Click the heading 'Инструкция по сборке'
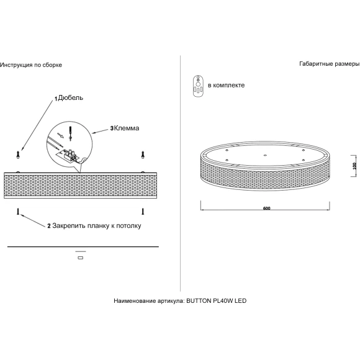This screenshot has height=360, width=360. tap(31, 65)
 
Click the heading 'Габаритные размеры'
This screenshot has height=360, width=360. tap(330, 64)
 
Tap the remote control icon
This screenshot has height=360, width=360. tap(197, 86)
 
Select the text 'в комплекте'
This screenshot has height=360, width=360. tap(226, 85)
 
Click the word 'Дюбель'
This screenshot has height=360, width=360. tap(71, 98)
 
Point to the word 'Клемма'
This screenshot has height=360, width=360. tap(127, 128)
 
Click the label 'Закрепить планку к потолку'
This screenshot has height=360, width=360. tap(97, 226)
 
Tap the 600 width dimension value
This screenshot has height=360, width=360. tap(266, 208)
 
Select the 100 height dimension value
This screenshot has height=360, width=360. tap(354, 166)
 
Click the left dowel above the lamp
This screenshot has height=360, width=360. tap(18, 155)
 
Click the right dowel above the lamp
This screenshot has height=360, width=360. tap(143, 155)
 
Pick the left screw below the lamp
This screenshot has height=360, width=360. tap(18, 212)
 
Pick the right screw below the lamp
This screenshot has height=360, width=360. tap(143, 212)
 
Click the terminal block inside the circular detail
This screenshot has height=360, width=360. tap(70, 155)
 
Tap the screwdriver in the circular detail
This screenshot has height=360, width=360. tap(71, 133)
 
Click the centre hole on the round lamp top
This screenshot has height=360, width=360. tap(265, 155)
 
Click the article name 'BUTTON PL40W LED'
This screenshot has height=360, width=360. tap(216, 301)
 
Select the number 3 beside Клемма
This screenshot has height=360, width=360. tap(112, 128)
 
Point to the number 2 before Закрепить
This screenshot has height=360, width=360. tap(49, 226)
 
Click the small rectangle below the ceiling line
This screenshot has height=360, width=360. tap(81, 258)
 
